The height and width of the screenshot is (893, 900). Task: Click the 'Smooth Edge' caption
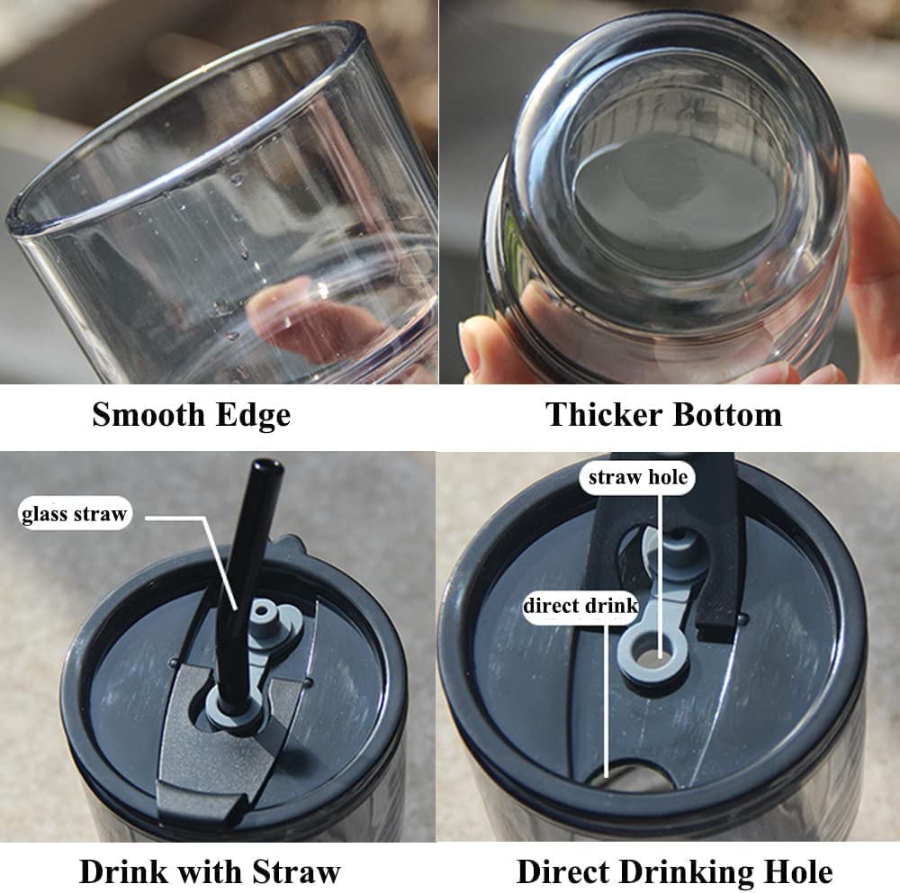(x=191, y=415)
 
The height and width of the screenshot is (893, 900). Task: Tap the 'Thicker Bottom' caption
(x=663, y=414)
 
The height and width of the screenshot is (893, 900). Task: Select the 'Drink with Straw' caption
(x=210, y=871)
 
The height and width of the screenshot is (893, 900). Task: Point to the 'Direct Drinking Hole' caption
(x=674, y=871)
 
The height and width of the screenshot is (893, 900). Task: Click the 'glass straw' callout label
(x=74, y=513)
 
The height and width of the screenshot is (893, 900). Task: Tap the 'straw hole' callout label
(x=638, y=477)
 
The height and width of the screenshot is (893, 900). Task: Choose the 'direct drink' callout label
(x=580, y=606)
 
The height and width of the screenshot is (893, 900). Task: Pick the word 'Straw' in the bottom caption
(x=296, y=871)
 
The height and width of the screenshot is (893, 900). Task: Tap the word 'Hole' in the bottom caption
(x=798, y=871)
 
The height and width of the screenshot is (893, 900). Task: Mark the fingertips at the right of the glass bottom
(x=872, y=258)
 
